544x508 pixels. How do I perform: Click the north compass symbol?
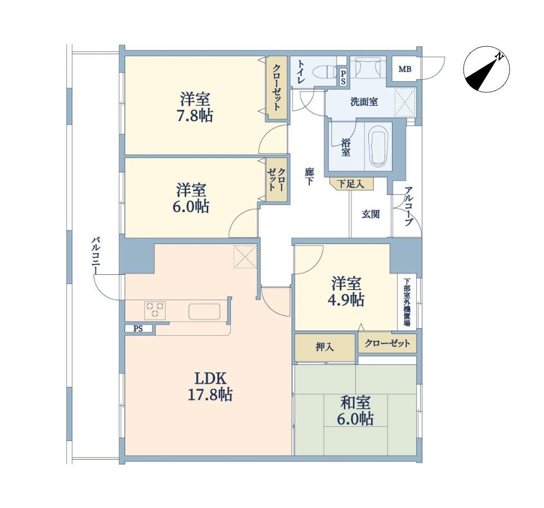(486, 70)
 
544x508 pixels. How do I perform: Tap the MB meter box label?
(404, 69)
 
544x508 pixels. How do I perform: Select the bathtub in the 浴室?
(378, 146)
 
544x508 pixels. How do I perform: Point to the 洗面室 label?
(364, 102)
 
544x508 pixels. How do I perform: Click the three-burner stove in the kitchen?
(155, 310)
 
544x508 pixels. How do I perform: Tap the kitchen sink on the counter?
(204, 311)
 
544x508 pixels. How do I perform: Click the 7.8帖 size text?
(195, 115)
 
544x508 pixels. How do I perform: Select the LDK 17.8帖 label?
(210, 386)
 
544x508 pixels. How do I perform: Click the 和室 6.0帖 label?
(355, 411)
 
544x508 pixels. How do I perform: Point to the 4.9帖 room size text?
(346, 300)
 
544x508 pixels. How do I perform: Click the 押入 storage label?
(325, 347)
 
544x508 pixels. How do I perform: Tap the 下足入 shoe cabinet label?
(351, 184)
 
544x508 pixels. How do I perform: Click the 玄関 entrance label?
(371, 214)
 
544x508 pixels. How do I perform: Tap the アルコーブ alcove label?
(409, 207)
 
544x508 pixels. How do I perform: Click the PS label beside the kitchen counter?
(138, 328)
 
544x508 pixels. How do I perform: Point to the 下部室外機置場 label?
(407, 302)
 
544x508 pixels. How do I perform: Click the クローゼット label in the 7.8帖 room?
(277, 87)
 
